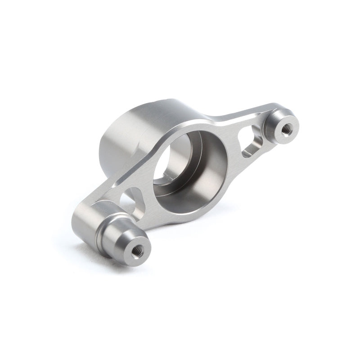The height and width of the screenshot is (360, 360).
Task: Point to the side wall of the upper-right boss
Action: [270, 130]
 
